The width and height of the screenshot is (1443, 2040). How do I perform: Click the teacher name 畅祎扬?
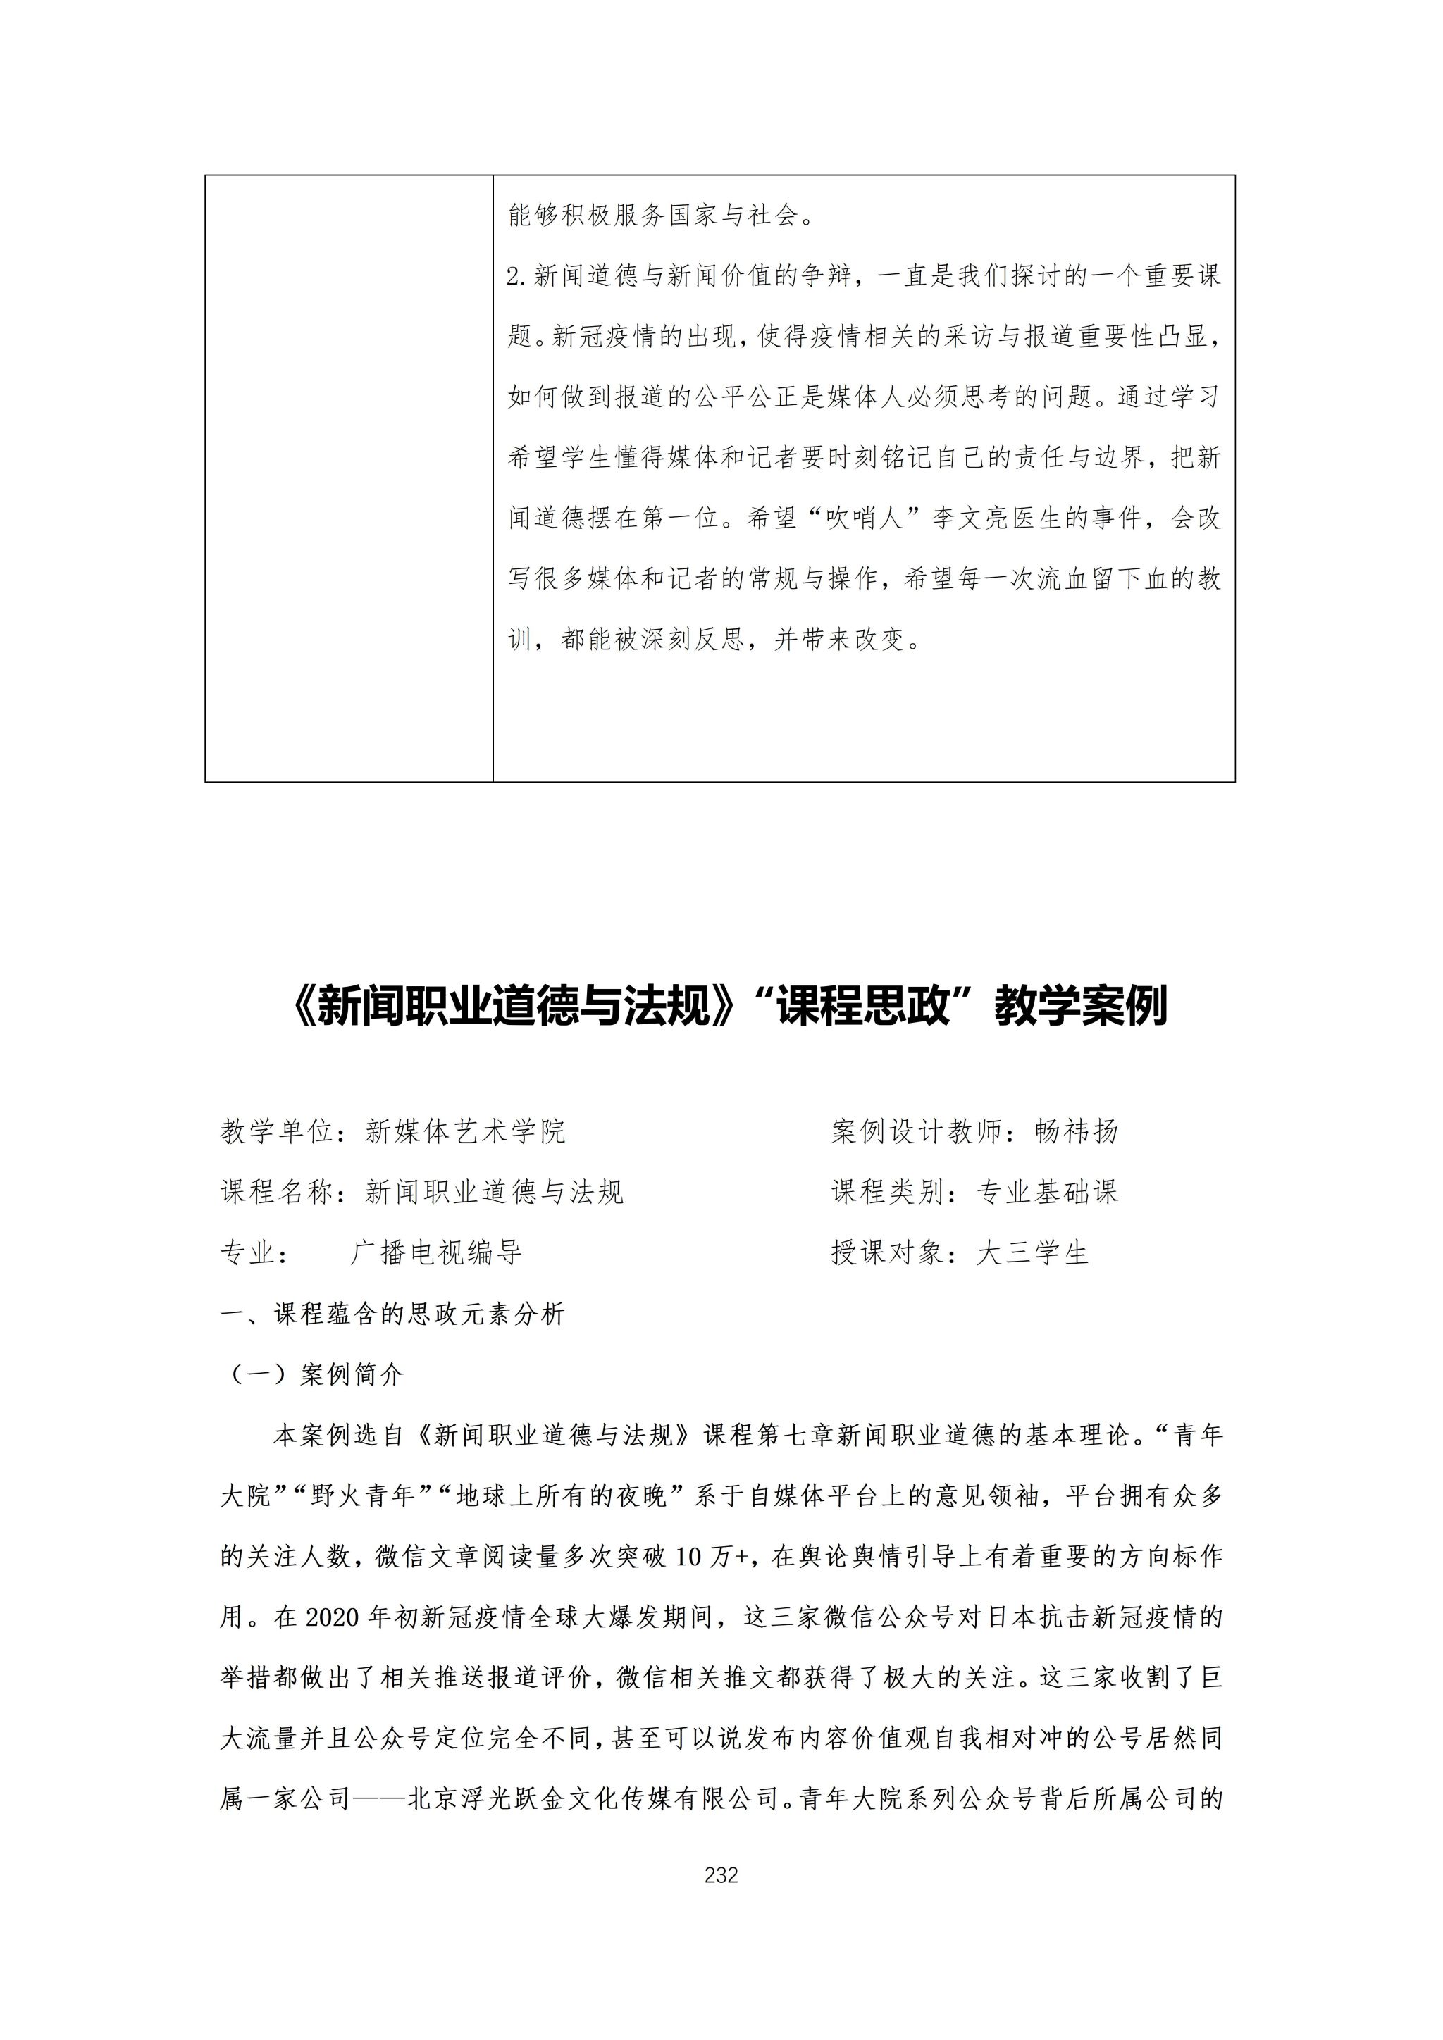(1076, 1131)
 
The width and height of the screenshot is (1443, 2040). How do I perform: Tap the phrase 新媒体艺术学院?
(465, 1131)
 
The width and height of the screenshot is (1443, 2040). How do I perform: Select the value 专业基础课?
(1047, 1191)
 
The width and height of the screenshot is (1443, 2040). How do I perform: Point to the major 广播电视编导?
(435, 1252)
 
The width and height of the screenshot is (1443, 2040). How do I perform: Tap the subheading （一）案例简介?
(313, 1374)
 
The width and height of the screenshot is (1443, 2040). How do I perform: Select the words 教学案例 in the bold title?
(1079, 1007)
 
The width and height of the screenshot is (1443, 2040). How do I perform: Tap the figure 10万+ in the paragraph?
(712, 1557)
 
